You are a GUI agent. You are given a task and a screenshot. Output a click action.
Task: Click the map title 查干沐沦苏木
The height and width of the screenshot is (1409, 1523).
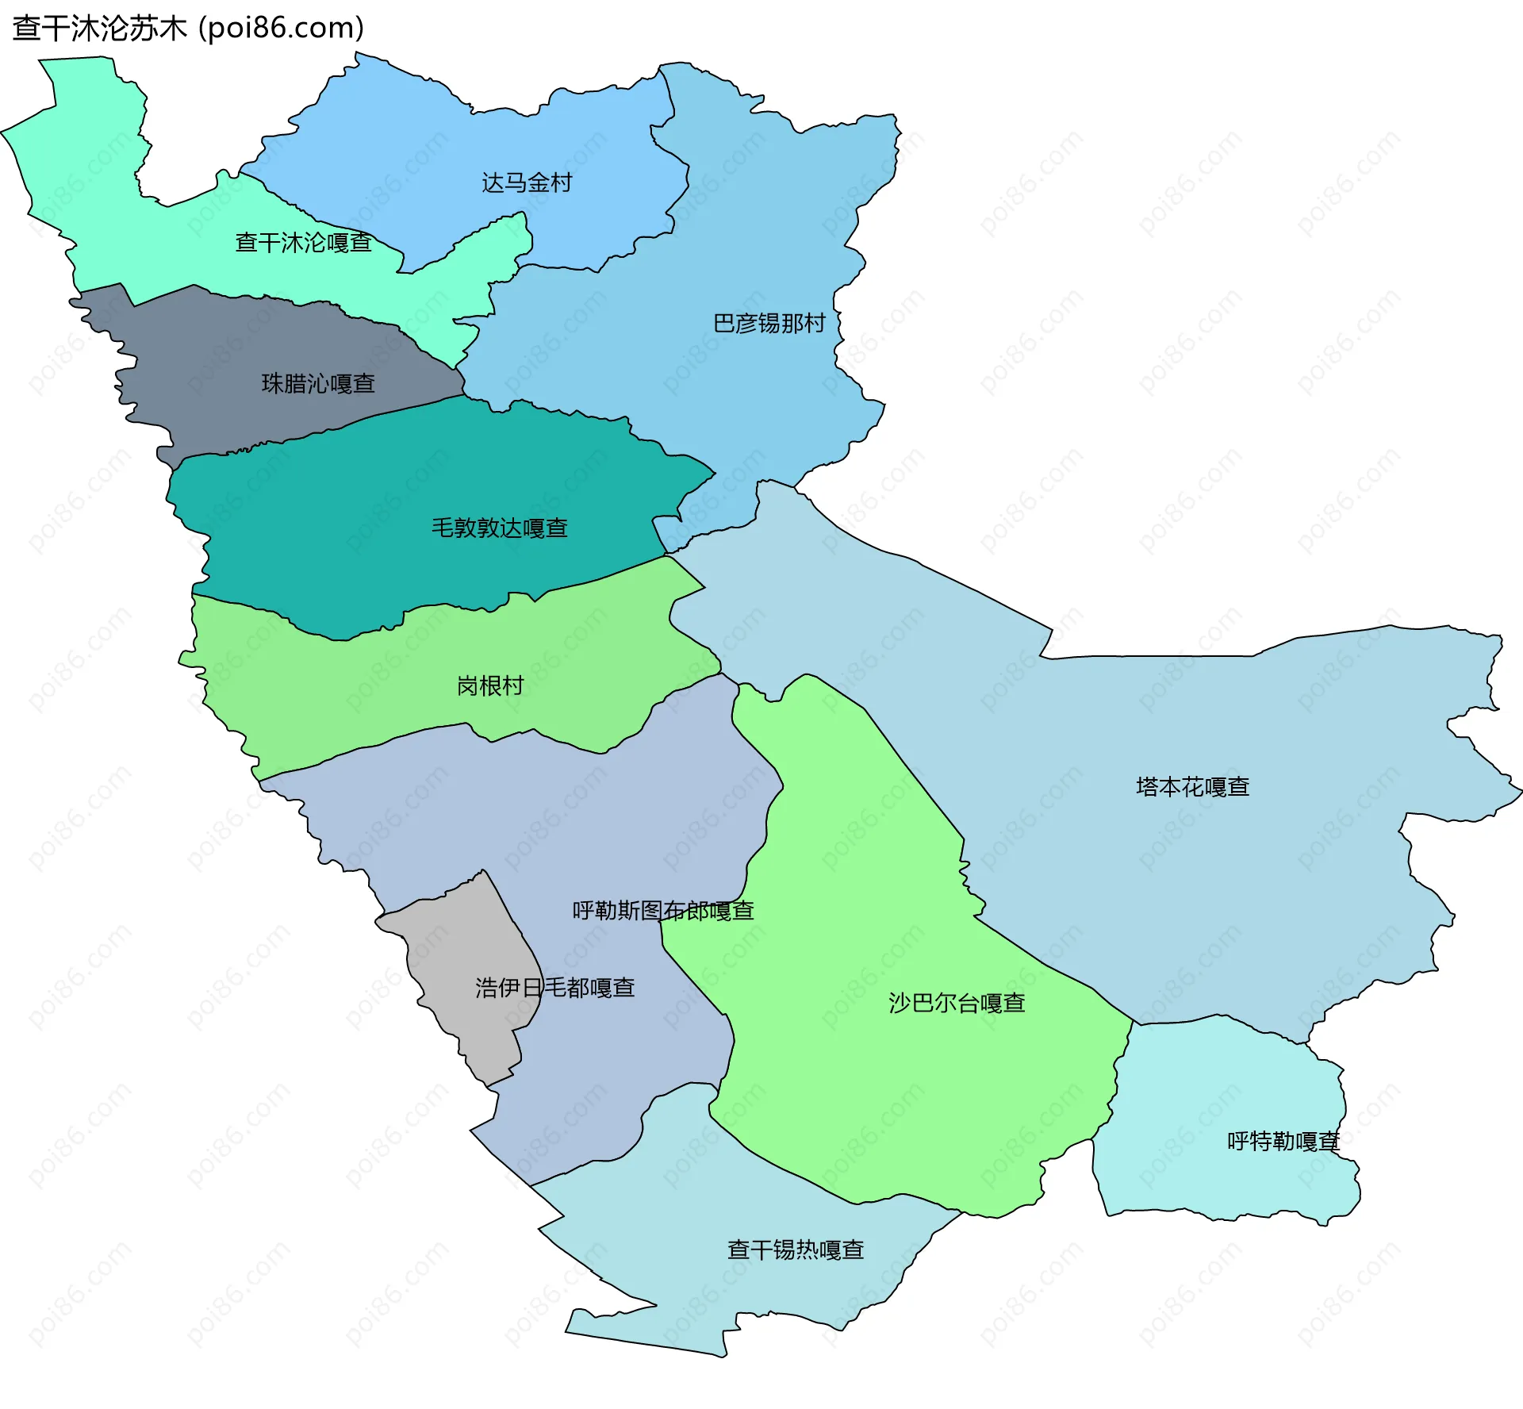coord(99,29)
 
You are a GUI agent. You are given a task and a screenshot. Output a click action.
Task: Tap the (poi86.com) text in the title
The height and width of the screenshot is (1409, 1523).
coord(281,29)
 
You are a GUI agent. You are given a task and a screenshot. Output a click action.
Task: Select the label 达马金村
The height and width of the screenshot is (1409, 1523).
coord(527,183)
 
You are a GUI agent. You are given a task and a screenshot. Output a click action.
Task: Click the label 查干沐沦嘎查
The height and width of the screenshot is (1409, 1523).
coord(304,243)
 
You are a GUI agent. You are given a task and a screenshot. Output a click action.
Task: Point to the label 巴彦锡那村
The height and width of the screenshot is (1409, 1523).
coord(769,324)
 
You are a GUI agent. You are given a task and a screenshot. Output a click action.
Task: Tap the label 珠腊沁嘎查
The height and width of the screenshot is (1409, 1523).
coord(318,384)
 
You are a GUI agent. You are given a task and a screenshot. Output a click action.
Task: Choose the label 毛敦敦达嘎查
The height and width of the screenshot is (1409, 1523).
coord(500,528)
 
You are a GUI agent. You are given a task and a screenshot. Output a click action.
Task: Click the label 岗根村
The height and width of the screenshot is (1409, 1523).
coord(490,686)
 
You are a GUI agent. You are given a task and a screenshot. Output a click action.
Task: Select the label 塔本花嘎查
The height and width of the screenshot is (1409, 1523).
coord(1192,787)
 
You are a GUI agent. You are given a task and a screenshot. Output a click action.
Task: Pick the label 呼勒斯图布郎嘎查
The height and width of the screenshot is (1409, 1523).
coord(663,911)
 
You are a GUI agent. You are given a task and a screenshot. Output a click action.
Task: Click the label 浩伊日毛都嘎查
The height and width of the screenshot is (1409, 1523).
coord(555,988)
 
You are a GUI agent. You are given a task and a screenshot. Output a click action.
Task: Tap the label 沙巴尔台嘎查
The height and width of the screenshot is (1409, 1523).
coord(957,1004)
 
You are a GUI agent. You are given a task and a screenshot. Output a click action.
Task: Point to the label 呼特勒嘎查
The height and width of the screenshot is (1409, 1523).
coord(1283,1142)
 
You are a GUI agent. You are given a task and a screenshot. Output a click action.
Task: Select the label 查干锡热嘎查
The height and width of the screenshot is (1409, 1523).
coord(796,1250)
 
